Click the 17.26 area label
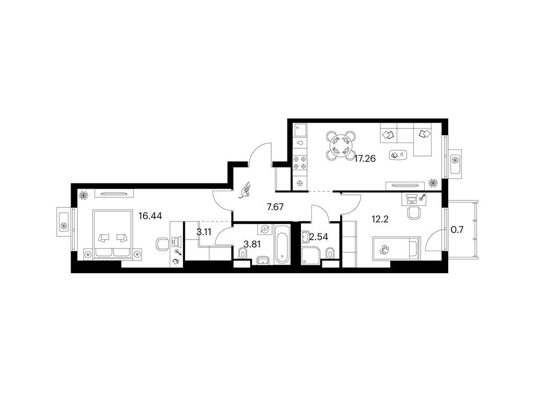click(x=365, y=159)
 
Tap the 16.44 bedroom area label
click(x=150, y=216)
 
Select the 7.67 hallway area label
click(x=275, y=207)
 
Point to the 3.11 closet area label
click(x=204, y=232)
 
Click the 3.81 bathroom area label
click(x=252, y=244)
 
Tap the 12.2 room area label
click(x=380, y=219)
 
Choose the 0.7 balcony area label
click(x=457, y=230)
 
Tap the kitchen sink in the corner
click(x=300, y=130)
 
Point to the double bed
click(x=112, y=234)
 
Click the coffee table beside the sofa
click(x=398, y=155)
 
